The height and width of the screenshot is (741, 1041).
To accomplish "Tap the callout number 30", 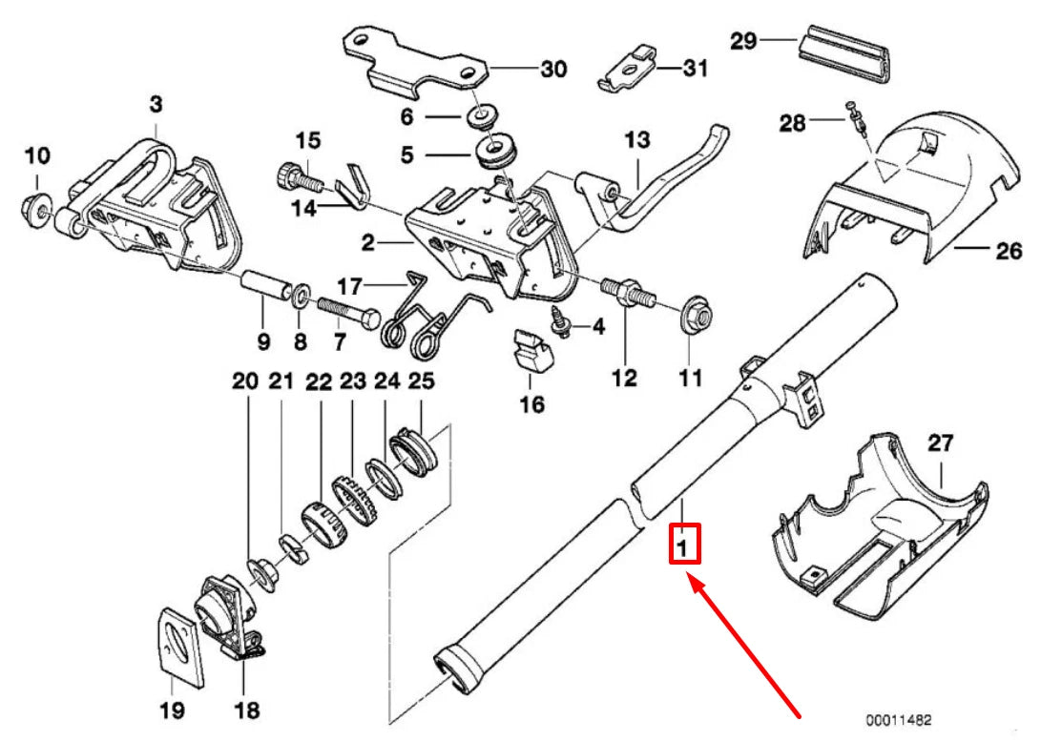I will pos(553,69).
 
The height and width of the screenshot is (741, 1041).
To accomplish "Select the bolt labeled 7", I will pos(343,311).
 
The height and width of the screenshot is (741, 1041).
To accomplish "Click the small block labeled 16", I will pos(532,349).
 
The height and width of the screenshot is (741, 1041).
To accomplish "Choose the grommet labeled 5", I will pos(496,152).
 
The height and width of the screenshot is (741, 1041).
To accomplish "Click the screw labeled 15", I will pos(292,175).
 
